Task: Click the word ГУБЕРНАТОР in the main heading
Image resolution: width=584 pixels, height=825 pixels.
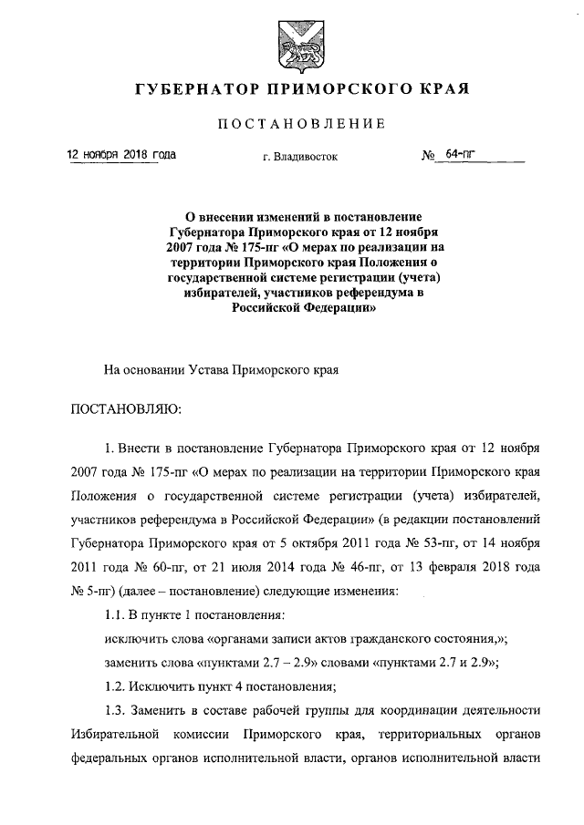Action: coord(190,91)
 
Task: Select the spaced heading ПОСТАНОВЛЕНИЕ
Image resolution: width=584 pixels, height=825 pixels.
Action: coord(293,124)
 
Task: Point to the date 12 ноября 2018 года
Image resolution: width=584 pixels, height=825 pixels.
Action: coord(122,155)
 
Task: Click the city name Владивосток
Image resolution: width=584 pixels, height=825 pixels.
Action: coord(307,157)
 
